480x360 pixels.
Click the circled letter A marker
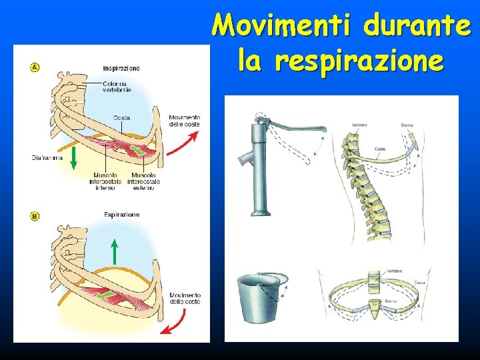point(34,67)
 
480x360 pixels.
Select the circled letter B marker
point(34,216)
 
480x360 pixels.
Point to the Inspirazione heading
point(121,68)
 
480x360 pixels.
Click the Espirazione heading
point(121,215)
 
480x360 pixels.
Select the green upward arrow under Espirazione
point(114,251)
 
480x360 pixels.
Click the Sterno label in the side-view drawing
point(407,125)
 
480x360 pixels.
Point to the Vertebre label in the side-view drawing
point(360,125)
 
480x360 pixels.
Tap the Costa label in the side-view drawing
point(379,149)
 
